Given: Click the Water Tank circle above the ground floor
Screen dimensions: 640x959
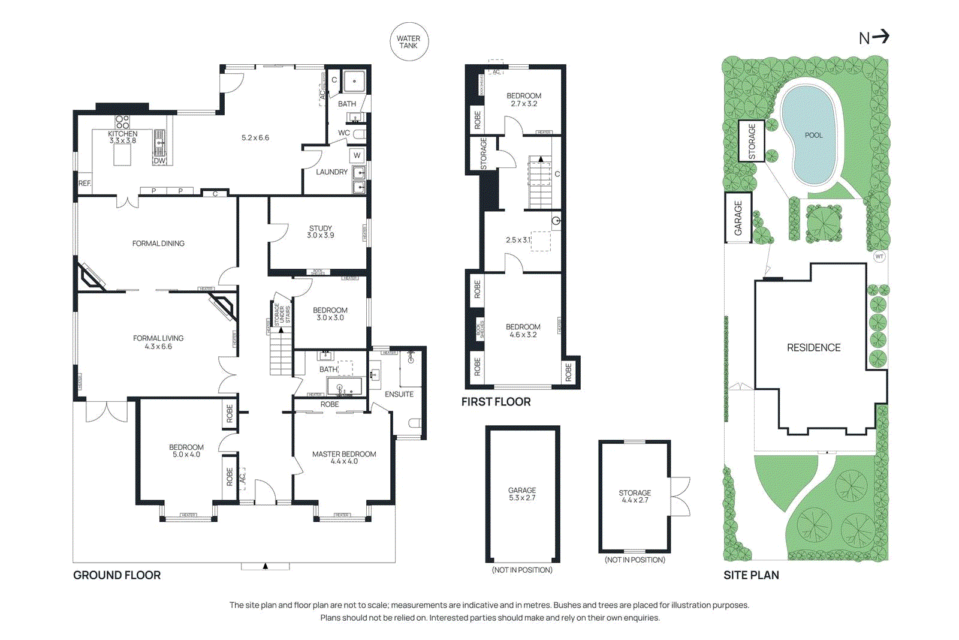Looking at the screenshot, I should (409, 42).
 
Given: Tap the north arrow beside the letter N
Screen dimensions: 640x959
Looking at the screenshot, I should (880, 37).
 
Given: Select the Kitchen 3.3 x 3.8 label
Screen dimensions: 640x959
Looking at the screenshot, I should (123, 137).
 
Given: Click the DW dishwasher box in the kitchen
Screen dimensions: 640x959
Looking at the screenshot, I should (159, 161).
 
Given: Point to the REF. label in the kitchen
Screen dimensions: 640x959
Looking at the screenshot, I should (85, 184).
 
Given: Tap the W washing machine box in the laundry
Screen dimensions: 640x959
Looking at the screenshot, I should (357, 155).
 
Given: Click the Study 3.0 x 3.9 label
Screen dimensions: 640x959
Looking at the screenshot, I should (321, 232).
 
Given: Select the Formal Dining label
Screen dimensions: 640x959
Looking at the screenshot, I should (158, 244).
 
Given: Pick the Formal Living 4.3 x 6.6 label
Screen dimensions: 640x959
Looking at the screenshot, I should (158, 342).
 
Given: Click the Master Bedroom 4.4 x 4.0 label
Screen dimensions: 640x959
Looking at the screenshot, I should (344, 458).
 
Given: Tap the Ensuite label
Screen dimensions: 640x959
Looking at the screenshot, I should (399, 394).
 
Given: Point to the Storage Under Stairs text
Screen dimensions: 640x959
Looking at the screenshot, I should (282, 314).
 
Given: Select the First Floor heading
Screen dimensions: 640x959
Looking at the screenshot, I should (496, 402).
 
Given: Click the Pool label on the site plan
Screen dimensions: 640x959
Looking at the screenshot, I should (813, 135).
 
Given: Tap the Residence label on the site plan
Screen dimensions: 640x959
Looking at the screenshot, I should (813, 348).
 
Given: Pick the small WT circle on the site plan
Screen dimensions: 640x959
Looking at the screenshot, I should (879, 257).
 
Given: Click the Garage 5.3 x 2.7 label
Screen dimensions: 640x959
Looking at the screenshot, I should (522, 494).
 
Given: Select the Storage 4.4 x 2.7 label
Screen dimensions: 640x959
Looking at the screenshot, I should (635, 497).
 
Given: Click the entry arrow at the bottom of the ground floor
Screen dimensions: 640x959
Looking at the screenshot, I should (266, 566).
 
